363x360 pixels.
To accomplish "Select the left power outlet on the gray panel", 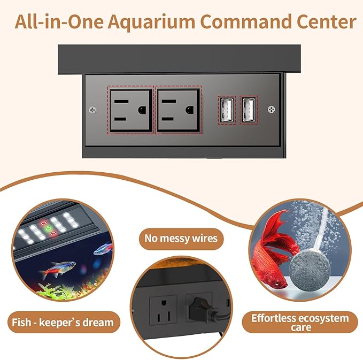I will point(130,109).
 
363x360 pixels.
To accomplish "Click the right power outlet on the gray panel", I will point(177,109).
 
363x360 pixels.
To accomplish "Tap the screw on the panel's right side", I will point(272,110).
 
